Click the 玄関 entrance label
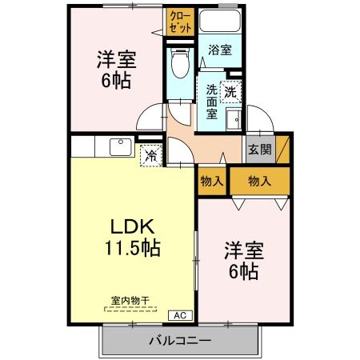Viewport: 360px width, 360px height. (259, 149)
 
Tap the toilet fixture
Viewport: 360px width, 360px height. (180, 61)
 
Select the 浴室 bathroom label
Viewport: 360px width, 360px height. (220, 50)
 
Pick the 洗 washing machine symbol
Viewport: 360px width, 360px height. (230, 92)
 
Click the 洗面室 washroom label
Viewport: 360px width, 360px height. (211, 102)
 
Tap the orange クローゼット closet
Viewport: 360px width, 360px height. (180, 21)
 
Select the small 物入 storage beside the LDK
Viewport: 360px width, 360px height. (211, 181)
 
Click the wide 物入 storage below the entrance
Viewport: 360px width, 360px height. (259, 181)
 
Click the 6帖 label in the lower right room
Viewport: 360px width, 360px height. (243, 272)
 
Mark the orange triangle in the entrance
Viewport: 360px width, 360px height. (282, 150)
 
